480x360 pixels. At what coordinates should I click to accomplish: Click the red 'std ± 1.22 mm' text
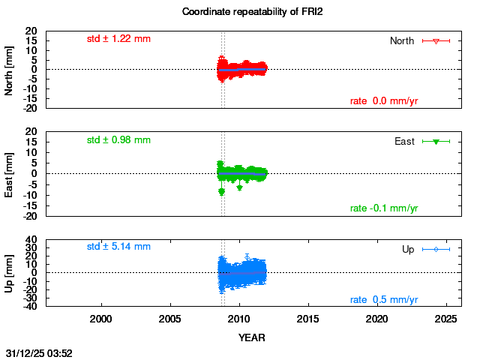tap(118, 38)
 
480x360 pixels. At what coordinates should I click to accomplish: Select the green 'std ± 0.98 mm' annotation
tap(118, 139)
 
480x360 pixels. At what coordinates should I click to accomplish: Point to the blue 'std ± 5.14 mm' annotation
tap(118, 246)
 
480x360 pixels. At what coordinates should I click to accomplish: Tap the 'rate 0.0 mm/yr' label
tap(384, 101)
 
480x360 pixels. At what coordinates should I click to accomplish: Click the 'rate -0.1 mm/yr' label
tap(384, 208)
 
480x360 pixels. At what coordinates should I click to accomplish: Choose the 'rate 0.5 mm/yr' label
tap(384, 299)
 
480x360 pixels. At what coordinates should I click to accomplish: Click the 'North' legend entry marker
tap(436, 40)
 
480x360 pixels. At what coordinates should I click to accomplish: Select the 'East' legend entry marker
tap(436, 142)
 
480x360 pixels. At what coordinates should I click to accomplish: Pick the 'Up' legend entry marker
tap(436, 249)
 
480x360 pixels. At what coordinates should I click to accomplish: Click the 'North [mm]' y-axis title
tap(10, 69)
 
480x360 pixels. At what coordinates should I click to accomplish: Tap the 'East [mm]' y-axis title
tap(10, 173)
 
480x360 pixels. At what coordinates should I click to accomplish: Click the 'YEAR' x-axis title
tap(251, 337)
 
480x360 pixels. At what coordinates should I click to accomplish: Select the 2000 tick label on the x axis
tap(101, 319)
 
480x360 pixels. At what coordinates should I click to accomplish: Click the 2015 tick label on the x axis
tap(307, 319)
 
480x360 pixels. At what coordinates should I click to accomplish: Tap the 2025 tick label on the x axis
tap(445, 319)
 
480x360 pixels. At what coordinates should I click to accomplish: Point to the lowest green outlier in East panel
tap(221, 192)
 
